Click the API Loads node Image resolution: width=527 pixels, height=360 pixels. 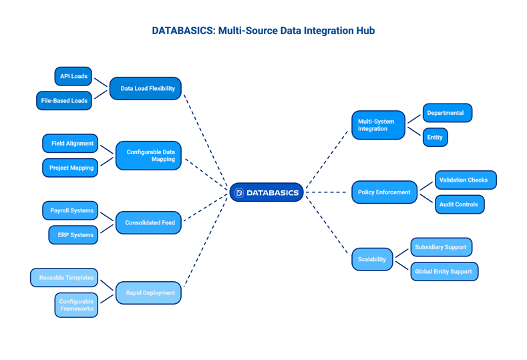coord(73,76)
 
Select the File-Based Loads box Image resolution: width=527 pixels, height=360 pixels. coord(64,101)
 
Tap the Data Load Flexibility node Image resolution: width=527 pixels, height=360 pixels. coord(146,88)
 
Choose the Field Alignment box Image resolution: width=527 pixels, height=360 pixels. coord(70,144)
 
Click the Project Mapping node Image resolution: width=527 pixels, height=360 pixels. coord(70,168)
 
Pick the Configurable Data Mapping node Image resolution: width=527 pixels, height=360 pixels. coord(148,156)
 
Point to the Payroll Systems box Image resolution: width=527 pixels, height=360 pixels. coord(70,210)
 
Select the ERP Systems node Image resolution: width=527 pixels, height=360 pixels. coord(73,235)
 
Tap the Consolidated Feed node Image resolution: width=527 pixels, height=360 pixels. coord(148,223)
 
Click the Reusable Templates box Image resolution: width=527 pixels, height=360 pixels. coord(64,278)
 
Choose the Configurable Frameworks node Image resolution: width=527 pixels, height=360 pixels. coord(76,305)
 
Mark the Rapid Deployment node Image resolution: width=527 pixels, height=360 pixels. coord(148,293)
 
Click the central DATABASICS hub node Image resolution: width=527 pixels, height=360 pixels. coord(267,192)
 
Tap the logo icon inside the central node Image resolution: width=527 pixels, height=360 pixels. coord(239,192)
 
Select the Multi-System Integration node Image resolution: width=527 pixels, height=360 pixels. coord(378,125)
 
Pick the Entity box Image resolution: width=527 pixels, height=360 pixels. coord(435,138)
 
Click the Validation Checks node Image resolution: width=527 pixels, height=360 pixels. coord(466,180)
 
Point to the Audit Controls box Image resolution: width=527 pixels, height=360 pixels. coord(460,204)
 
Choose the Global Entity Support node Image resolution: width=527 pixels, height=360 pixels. coord(444,272)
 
